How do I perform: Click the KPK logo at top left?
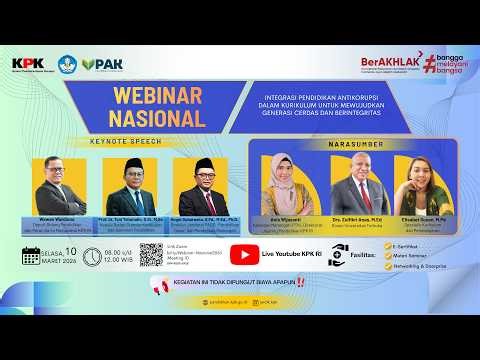[27, 64]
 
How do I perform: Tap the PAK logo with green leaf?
[102, 64]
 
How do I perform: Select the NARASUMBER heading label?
[355, 144]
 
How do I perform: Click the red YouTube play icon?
[243, 254]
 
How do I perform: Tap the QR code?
[152, 254]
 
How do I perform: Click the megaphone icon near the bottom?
[158, 285]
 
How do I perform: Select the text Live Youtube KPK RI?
[292, 254]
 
